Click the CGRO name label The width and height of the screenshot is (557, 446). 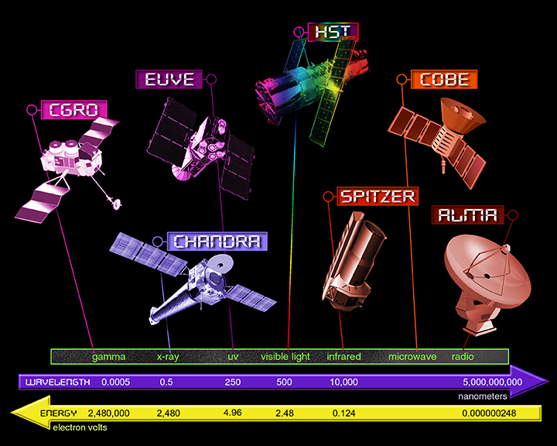[74, 109]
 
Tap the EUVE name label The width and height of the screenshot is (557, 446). [169, 79]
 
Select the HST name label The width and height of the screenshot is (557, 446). [333, 32]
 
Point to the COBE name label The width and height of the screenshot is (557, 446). [444, 79]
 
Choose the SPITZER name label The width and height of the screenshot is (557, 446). [378, 196]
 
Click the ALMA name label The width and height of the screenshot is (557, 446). [467, 214]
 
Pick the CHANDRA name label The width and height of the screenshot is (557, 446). [217, 241]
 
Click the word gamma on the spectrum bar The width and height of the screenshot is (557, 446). [109, 356]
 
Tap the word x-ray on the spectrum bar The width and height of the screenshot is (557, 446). [168, 356]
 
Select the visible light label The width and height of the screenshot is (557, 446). [285, 356]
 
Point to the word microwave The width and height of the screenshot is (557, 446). [412, 356]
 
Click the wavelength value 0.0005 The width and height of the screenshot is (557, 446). [116, 382]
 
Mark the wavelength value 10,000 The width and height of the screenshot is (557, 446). [343, 382]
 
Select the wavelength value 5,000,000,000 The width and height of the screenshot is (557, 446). [492, 382]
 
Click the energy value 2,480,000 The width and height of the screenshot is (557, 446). [109, 413]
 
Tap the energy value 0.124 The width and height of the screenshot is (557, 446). [343, 413]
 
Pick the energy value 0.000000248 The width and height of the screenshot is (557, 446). [489, 413]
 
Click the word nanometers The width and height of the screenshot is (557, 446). [483, 396]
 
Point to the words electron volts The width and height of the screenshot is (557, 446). [80, 427]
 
